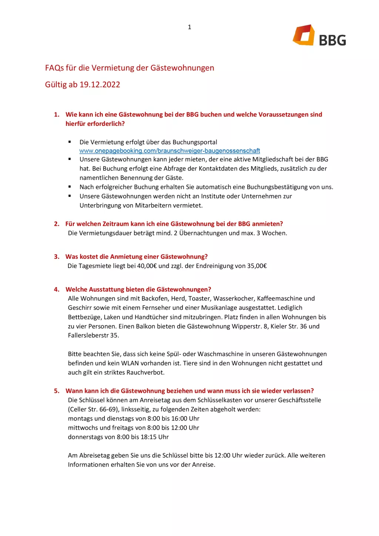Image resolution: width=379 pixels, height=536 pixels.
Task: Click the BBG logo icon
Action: pos(304,35)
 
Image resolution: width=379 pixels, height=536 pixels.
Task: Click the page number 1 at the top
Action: pos(189,27)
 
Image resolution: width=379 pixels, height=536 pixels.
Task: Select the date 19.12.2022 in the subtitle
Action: pos(100,84)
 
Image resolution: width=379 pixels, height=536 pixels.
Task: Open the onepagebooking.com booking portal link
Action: pos(170,151)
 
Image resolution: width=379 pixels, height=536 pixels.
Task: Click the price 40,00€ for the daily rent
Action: pos(147,266)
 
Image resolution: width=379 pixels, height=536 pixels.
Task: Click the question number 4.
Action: pos(56,289)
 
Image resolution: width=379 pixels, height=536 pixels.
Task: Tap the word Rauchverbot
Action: pos(145,372)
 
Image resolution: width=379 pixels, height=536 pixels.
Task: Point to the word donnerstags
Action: pos(85,437)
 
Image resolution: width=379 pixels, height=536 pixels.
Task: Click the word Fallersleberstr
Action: pos(88,335)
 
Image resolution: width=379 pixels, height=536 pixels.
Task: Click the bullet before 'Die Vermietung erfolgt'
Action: pos(70,142)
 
